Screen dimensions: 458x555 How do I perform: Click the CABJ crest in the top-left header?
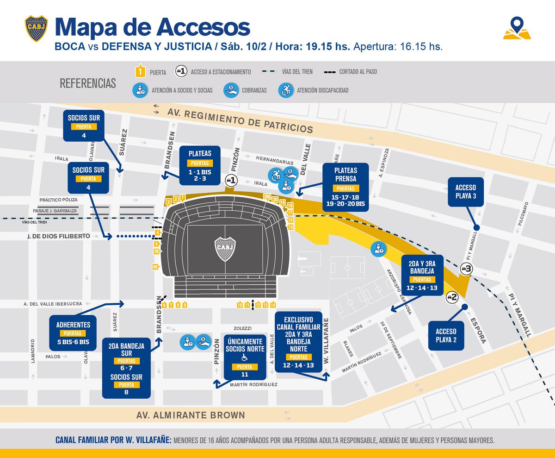(x=36, y=29)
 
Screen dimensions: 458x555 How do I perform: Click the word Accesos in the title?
(x=204, y=28)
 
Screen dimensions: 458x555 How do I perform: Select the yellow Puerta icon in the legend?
(x=138, y=72)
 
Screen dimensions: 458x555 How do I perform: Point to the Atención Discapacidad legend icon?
(x=284, y=90)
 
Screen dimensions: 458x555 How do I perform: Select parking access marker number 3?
(x=466, y=269)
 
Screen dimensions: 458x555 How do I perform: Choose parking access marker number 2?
(x=451, y=298)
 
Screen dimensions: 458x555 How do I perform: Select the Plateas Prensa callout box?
(x=346, y=187)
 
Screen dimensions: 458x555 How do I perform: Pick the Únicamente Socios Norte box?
(x=245, y=357)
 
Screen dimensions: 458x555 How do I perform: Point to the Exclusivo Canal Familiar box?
(x=299, y=342)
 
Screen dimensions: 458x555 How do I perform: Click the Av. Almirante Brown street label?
(x=191, y=415)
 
